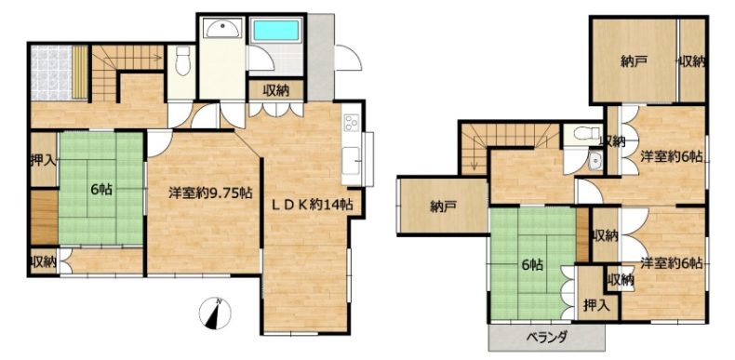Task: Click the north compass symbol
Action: point(215,313)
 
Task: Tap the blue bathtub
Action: point(275,31)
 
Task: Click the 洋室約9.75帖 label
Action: point(210,193)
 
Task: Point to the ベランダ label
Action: point(546,337)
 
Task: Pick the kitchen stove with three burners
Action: point(352,124)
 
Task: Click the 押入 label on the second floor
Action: point(596,306)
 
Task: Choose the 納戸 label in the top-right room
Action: point(632,62)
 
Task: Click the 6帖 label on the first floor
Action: point(100,190)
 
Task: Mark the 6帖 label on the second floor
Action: point(532,265)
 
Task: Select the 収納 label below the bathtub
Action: point(275,89)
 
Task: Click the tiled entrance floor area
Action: point(51,73)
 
